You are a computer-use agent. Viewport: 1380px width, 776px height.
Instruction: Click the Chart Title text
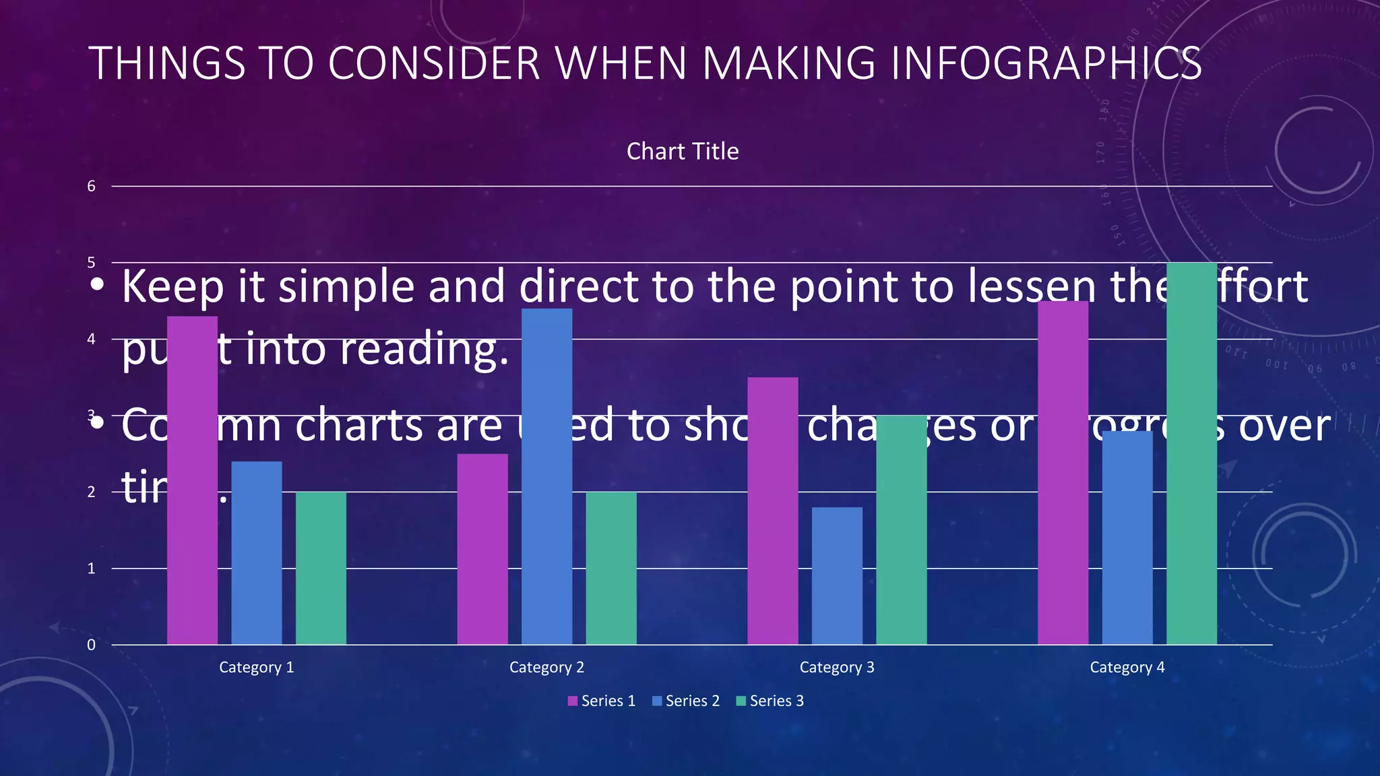pyautogui.click(x=682, y=152)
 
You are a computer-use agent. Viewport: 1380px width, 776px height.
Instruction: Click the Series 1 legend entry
pyautogui.click(x=602, y=701)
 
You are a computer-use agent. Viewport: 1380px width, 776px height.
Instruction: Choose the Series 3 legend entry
pyautogui.click(x=770, y=701)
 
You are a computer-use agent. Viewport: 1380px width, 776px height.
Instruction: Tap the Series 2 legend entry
pyautogui.click(x=686, y=701)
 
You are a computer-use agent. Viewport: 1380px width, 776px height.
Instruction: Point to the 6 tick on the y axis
pyautogui.click(x=91, y=187)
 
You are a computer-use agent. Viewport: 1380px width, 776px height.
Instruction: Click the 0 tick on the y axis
pyautogui.click(x=91, y=645)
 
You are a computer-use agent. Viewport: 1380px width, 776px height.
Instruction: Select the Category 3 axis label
pyautogui.click(x=837, y=667)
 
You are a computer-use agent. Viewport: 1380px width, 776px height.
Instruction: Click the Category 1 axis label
pyautogui.click(x=256, y=667)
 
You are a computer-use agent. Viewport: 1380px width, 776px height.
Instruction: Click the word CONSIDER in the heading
pyautogui.click(x=434, y=63)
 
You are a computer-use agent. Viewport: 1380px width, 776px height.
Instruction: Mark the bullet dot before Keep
pyautogui.click(x=98, y=285)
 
